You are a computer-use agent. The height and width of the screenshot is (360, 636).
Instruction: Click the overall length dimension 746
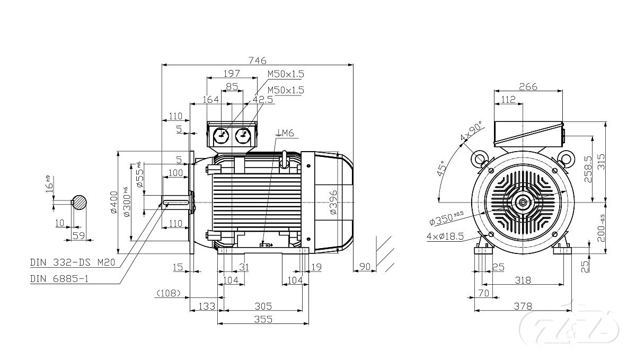point(258,60)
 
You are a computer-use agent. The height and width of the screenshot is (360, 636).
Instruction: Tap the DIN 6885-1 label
point(59,278)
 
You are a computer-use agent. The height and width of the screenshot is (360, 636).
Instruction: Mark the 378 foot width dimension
point(523,306)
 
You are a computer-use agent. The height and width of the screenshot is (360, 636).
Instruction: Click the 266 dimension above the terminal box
point(528,86)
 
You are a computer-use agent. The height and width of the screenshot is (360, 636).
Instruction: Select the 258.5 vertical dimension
point(587,169)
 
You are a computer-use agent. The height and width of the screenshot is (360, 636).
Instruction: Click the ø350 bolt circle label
point(446,217)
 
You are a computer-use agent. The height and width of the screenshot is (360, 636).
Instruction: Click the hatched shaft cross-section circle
point(80,202)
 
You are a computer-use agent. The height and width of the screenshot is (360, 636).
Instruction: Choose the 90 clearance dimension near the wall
point(365,266)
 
